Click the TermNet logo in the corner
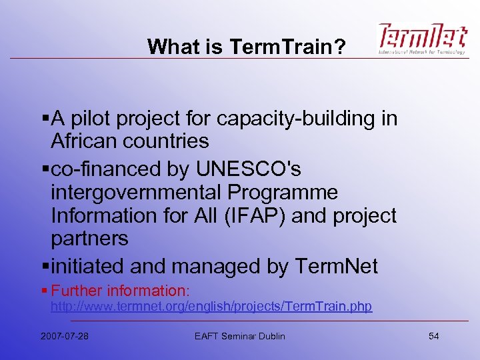click(x=422, y=39)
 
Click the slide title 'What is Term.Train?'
click(x=246, y=46)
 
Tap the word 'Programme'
click(x=283, y=193)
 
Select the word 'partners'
click(x=89, y=238)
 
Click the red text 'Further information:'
click(x=121, y=291)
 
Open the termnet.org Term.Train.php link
click(x=211, y=307)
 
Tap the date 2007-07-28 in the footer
click(x=64, y=335)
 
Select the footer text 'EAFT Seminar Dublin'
click(x=239, y=335)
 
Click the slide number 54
click(x=433, y=335)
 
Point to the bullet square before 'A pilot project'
click(x=44, y=119)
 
